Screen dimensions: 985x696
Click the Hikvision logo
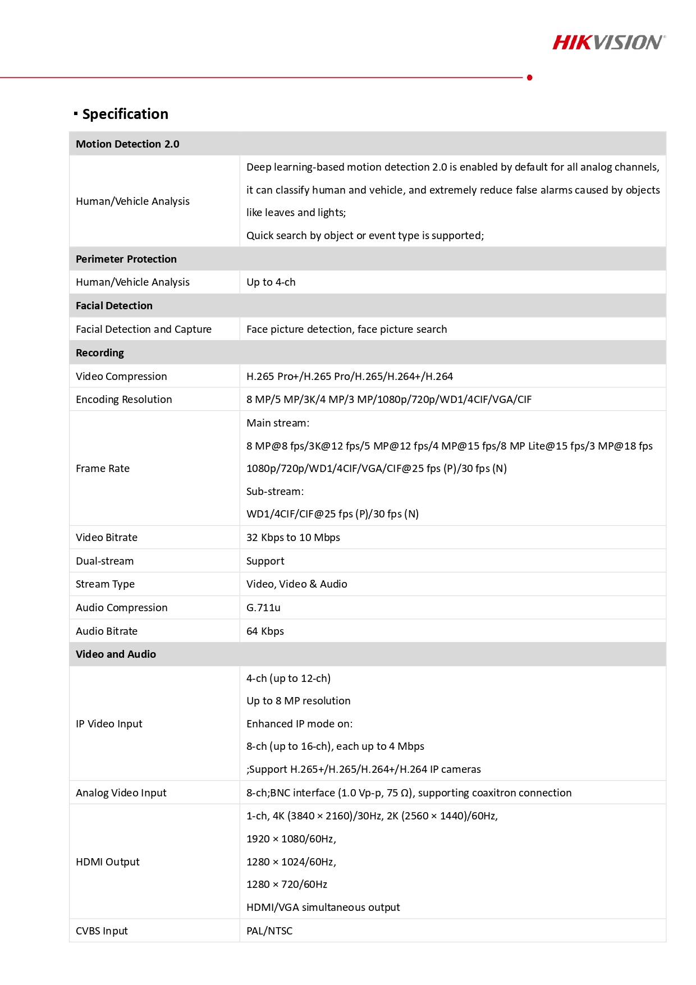(608, 43)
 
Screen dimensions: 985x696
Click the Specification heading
(125, 114)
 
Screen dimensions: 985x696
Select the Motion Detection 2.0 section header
(127, 144)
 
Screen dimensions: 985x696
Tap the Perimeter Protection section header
(126, 259)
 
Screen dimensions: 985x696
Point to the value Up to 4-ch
(271, 282)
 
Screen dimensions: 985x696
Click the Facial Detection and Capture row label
(143, 329)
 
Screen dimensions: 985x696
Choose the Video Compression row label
(121, 376)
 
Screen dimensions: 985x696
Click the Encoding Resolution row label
(123, 399)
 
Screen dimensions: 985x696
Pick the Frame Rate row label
(103, 468)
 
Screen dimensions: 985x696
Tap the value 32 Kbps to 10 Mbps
(293, 537)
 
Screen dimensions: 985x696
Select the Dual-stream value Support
(265, 561)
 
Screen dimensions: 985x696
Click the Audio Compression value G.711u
(263, 607)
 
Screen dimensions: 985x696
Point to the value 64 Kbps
(265, 631)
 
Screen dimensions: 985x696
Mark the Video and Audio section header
(116, 654)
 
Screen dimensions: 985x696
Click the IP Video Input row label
(109, 723)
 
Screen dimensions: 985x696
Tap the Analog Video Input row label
(121, 792)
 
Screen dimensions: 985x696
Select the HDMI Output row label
(107, 862)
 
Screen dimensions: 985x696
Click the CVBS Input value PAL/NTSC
(269, 931)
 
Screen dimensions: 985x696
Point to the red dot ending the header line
(529, 77)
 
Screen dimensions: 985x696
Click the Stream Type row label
(105, 584)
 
